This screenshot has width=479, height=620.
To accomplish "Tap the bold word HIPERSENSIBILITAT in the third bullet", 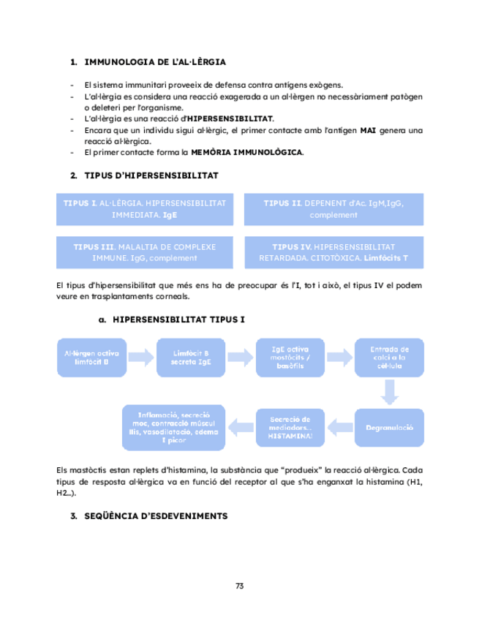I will point(230,118).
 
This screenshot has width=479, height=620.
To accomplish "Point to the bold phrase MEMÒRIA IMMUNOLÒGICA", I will point(246,152).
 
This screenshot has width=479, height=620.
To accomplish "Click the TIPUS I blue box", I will point(144,208).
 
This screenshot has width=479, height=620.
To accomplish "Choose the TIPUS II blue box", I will point(333,208).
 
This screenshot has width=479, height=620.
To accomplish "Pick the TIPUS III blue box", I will point(144,252).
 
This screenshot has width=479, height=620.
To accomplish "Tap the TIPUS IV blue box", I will point(333,252).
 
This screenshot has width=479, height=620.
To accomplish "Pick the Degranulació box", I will point(389,426).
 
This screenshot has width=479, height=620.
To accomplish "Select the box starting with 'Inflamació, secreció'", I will point(174,426).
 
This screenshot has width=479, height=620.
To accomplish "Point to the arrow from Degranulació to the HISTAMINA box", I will point(337,426).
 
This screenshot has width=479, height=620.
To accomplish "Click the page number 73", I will point(239,586).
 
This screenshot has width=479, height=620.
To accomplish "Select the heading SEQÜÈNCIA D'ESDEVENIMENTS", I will point(156,516).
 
